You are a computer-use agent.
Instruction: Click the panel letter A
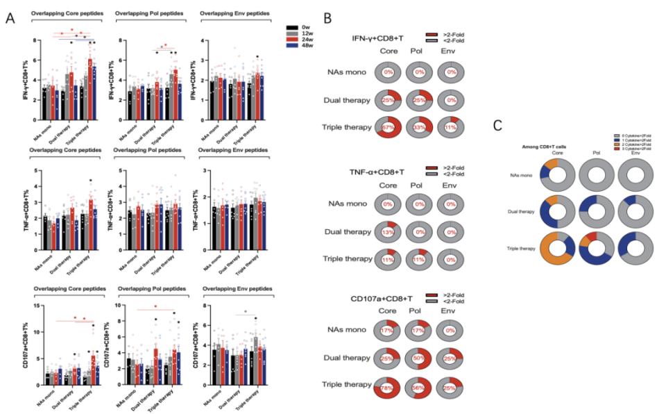[x=10, y=19]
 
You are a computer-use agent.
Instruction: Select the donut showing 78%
[x=388, y=384]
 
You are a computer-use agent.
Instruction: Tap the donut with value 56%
[x=420, y=384]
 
